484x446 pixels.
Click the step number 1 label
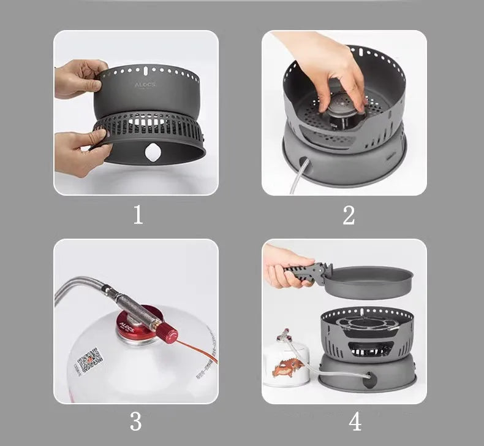click(138, 215)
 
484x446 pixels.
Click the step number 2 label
click(349, 215)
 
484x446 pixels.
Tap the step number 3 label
click(136, 421)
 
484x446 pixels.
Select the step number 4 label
click(355, 421)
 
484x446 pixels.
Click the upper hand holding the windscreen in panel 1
click(78, 78)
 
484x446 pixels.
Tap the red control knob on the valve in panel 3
click(166, 334)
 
